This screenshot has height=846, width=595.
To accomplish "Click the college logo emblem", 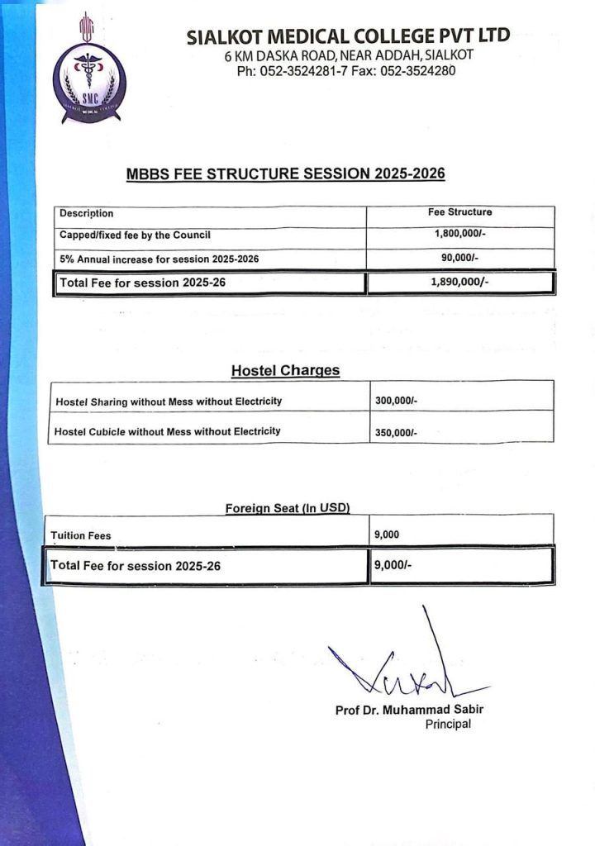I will pos(89,74).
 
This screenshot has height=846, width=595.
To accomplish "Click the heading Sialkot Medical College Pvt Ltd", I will pos(348,36).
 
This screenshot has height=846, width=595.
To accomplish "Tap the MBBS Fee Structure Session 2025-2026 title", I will pos(285,174).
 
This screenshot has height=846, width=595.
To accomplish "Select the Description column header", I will pos(87,214).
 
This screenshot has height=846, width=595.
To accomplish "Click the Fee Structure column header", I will pos(459,212).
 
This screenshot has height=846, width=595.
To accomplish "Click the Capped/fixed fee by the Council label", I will pos(135,235).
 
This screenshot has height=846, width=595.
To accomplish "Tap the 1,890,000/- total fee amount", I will pos(459,282).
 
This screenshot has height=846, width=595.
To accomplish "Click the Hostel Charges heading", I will pos(285,371).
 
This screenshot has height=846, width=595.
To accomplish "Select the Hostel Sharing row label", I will pos(169,402).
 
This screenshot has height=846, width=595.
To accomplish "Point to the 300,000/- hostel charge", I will pos(396,401).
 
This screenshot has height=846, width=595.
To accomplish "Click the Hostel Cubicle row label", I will pos(167,431).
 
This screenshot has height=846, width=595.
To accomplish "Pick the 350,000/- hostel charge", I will pos(396,432).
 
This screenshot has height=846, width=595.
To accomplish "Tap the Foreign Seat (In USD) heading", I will pos(288,509).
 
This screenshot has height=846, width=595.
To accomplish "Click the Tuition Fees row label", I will pos(81,535).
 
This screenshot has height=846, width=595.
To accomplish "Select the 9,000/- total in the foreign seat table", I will pos(393,566).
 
